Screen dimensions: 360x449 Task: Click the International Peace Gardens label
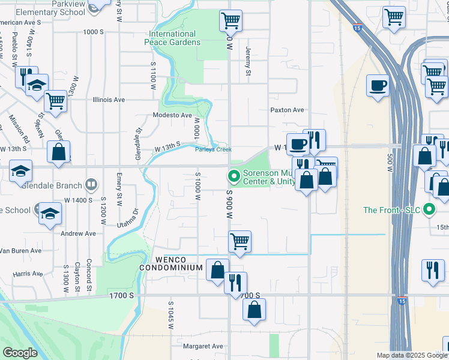(x=172, y=38)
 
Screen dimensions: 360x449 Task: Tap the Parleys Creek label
(x=213, y=149)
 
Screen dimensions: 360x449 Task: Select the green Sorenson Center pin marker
(x=234, y=176)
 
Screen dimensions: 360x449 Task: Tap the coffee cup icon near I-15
(x=378, y=86)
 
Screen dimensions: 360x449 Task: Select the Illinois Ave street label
(x=109, y=100)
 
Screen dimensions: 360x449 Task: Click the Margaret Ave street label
(x=203, y=346)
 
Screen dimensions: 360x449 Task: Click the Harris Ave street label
(x=28, y=274)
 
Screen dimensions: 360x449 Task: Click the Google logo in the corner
(x=20, y=353)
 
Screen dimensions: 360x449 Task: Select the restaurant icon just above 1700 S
(x=236, y=281)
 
